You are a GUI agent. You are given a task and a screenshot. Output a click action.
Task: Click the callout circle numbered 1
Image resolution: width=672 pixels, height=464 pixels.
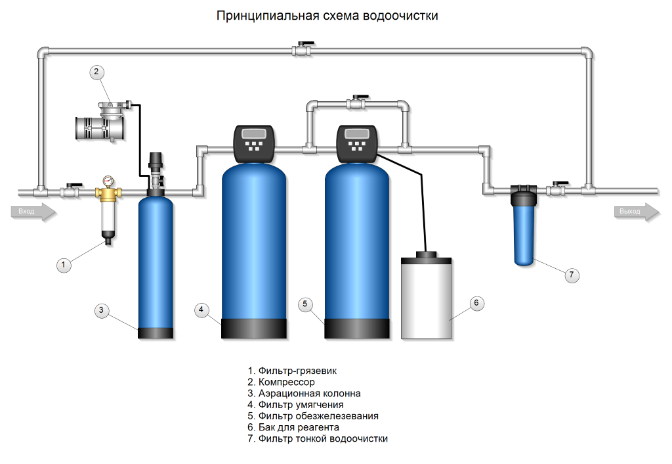pyautogui.click(x=64, y=265)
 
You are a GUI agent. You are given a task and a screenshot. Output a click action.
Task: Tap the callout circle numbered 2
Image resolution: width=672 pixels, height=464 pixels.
pyautogui.click(x=96, y=72)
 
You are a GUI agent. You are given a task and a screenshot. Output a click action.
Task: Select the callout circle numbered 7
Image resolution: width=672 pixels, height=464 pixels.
pyautogui.click(x=572, y=275)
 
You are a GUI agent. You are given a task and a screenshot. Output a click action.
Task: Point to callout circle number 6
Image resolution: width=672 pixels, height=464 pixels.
pyautogui.click(x=477, y=303)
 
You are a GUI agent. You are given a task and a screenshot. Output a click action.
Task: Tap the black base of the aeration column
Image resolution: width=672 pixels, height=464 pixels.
pyautogui.click(x=156, y=333)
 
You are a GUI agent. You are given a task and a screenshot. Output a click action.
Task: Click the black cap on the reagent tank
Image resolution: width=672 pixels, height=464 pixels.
pyautogui.click(x=427, y=254)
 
